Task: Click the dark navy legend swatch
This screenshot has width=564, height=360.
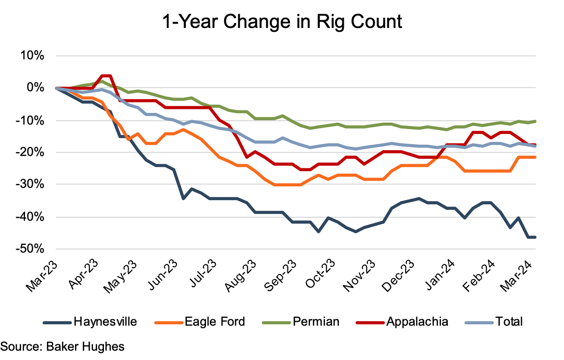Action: click(x=57, y=323)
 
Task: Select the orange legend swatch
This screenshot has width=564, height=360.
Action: click(x=169, y=323)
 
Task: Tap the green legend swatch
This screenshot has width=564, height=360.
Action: click(x=277, y=323)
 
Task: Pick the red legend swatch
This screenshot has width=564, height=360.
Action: click(x=370, y=323)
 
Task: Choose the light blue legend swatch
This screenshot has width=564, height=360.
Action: click(x=479, y=323)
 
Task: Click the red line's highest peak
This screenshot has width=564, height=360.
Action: click(x=106, y=76)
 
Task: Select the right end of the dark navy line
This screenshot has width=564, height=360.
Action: click(x=535, y=237)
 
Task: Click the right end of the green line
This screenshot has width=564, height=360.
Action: click(x=535, y=121)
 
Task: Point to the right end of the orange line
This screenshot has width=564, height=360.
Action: click(x=535, y=157)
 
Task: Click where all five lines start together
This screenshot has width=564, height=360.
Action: click(x=56, y=88)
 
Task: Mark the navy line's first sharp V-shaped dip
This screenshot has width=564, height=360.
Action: click(x=183, y=198)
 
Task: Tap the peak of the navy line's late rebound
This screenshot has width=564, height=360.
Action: click(x=419, y=199)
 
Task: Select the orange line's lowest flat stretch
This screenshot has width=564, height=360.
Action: click(x=287, y=184)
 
